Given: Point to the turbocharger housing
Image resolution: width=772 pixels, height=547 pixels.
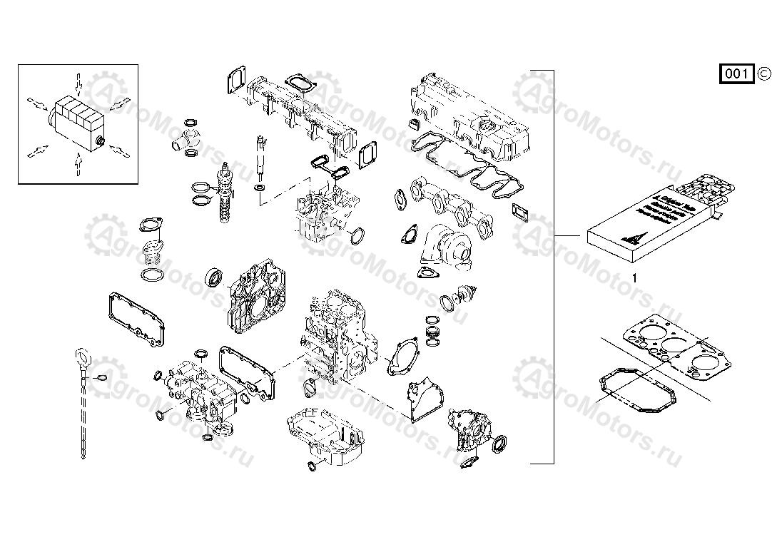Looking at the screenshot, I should [445, 246].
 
